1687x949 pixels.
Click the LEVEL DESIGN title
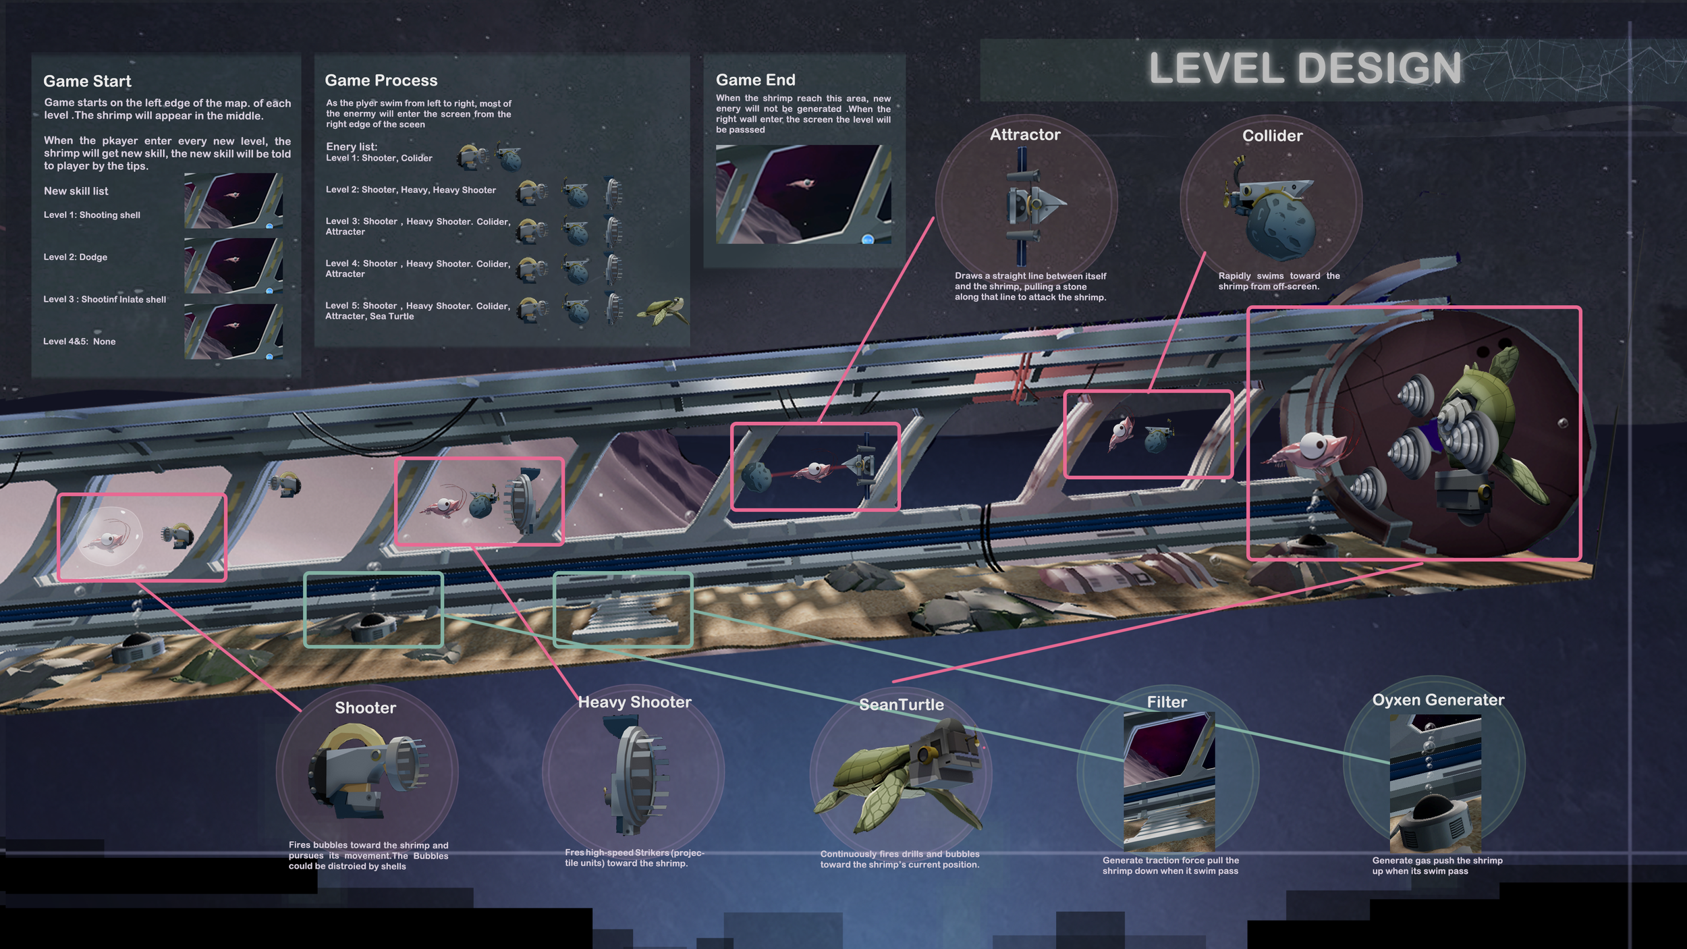click(x=1304, y=68)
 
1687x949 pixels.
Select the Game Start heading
click(x=87, y=82)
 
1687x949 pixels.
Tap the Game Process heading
click(x=381, y=81)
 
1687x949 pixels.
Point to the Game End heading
click(x=755, y=80)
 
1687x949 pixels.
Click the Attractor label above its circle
click(x=1024, y=135)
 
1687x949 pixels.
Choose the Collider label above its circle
click(x=1272, y=136)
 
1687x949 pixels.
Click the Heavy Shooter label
click(x=634, y=703)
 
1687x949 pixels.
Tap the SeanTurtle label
click(x=901, y=705)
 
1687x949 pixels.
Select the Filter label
click(x=1167, y=703)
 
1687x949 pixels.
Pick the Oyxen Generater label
click(x=1438, y=701)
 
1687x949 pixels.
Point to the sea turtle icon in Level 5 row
click(x=663, y=310)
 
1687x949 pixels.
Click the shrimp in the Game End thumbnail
click(x=802, y=182)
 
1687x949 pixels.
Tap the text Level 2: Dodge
click(x=75, y=257)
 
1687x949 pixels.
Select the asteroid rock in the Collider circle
click(x=1280, y=227)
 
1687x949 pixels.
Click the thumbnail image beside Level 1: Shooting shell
click(x=233, y=200)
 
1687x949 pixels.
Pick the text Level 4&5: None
click(x=79, y=342)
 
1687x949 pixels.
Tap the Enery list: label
click(x=351, y=146)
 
